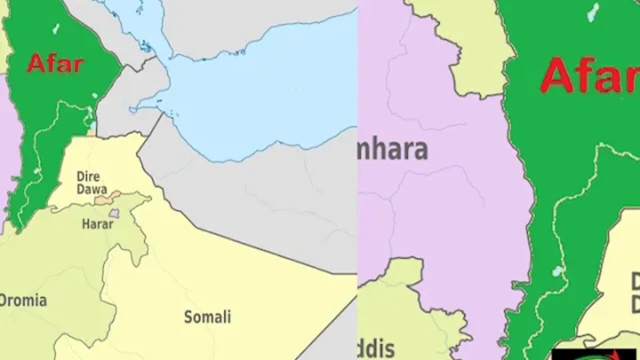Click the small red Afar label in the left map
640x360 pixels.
[x=55, y=64]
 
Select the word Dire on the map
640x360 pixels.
[x=88, y=176]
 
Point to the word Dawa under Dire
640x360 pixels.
[x=91, y=189]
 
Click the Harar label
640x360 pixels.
[x=97, y=224]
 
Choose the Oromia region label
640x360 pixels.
[x=23, y=300]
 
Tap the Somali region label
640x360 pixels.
[x=207, y=316]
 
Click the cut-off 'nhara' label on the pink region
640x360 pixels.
[x=393, y=149]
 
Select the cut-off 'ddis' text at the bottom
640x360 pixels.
[x=376, y=348]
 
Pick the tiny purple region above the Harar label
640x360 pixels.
[x=114, y=213]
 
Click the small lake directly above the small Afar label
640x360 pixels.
[x=55, y=28]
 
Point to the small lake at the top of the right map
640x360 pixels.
[x=593, y=12]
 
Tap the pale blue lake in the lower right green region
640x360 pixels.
[x=558, y=271]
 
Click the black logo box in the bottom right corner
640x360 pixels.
[x=593, y=353]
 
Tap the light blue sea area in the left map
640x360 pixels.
[x=260, y=90]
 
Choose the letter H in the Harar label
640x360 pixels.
[x=85, y=224]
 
